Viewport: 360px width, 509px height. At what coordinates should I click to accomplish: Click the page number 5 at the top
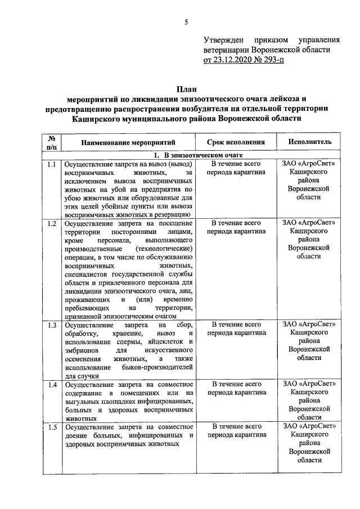[186, 22]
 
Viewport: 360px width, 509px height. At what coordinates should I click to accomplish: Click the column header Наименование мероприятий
[129, 143]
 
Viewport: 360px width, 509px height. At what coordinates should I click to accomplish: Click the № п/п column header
[51, 143]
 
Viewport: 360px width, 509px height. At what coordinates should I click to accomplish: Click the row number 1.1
[51, 165]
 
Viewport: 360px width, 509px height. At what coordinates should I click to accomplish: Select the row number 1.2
[51, 224]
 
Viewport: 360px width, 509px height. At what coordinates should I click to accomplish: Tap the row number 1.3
[51, 325]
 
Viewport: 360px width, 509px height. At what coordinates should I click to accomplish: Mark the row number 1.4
[51, 385]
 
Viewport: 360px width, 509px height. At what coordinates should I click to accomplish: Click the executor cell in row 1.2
[309, 240]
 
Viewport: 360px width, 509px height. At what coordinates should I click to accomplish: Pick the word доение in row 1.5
[77, 435]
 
